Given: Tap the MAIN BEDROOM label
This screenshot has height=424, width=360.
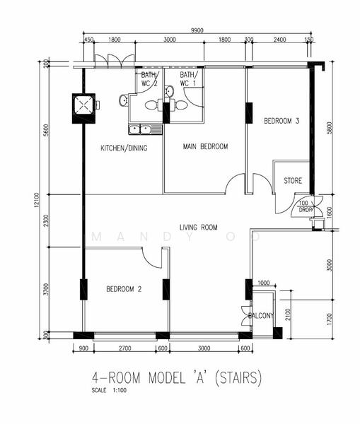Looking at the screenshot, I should click(x=205, y=147).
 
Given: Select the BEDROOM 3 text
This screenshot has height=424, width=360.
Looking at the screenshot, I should click(x=281, y=122).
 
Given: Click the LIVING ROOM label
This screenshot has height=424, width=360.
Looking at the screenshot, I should click(x=199, y=227).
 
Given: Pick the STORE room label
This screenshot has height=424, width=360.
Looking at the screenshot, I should click(x=293, y=181).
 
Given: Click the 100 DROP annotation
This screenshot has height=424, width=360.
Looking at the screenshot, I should click(x=306, y=207).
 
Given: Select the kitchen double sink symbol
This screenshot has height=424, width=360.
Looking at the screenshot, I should click(x=141, y=129).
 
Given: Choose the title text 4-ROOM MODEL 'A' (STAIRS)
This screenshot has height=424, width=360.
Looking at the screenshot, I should click(x=176, y=379).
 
